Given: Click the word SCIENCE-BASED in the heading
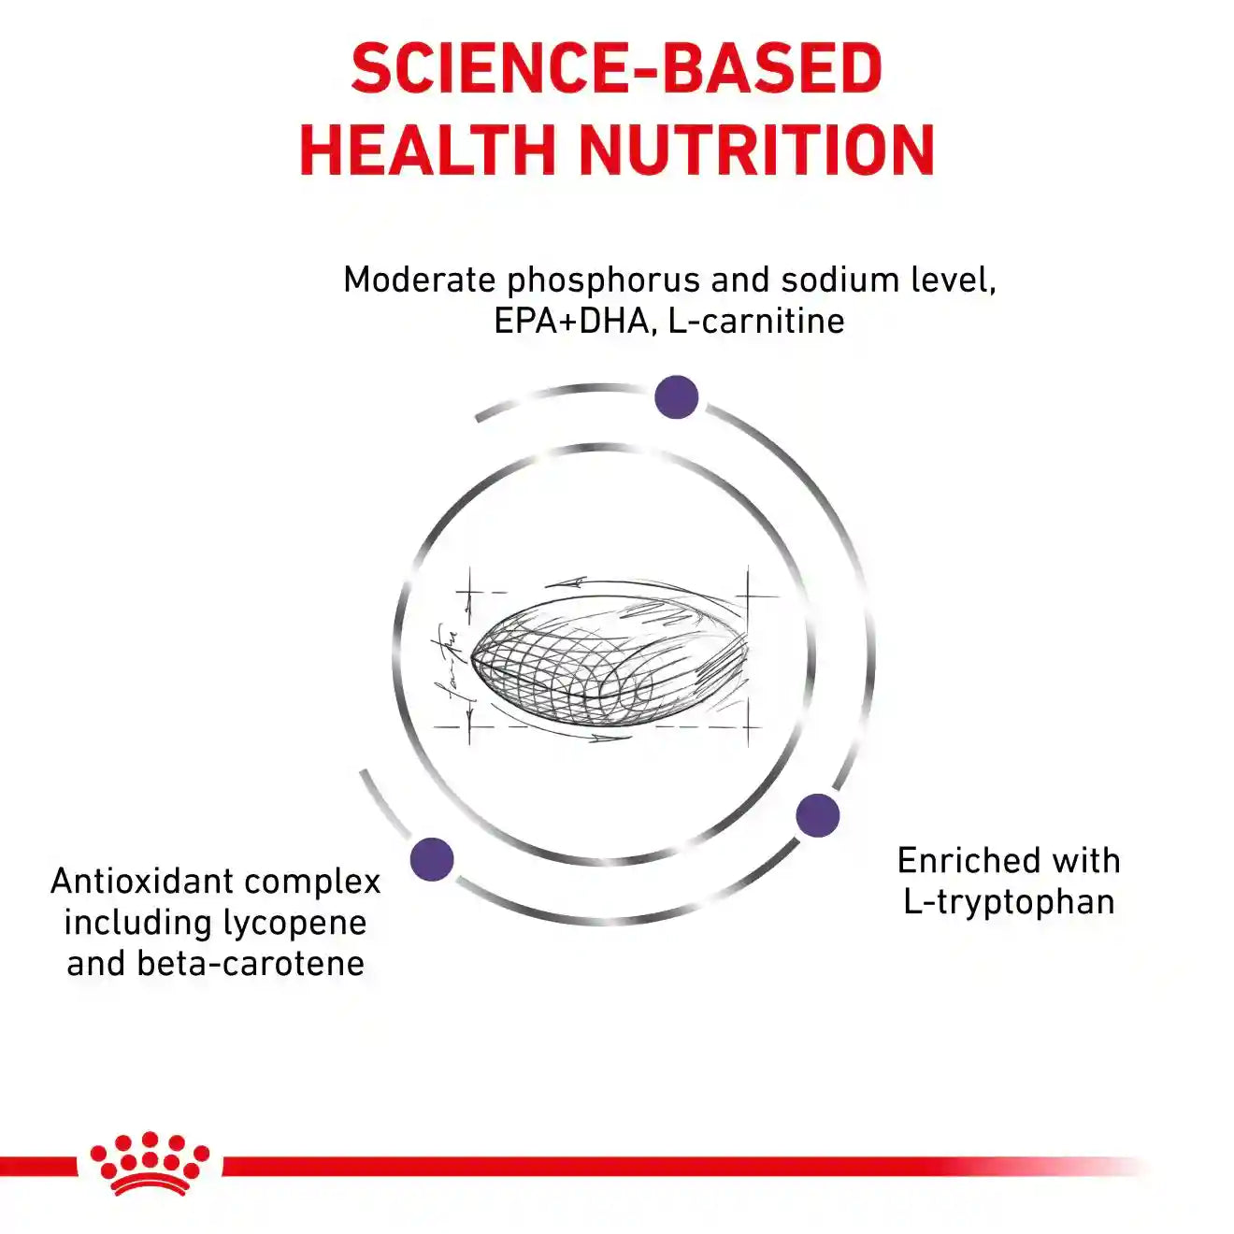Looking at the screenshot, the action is click(x=617, y=68).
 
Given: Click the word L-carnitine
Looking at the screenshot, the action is click(x=756, y=321).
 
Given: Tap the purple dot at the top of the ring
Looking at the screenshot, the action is click(x=676, y=397).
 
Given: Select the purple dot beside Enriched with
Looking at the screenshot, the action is click(x=818, y=815).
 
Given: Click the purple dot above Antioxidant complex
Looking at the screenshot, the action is click(x=432, y=859).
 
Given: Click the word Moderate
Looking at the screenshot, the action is click(x=419, y=280).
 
